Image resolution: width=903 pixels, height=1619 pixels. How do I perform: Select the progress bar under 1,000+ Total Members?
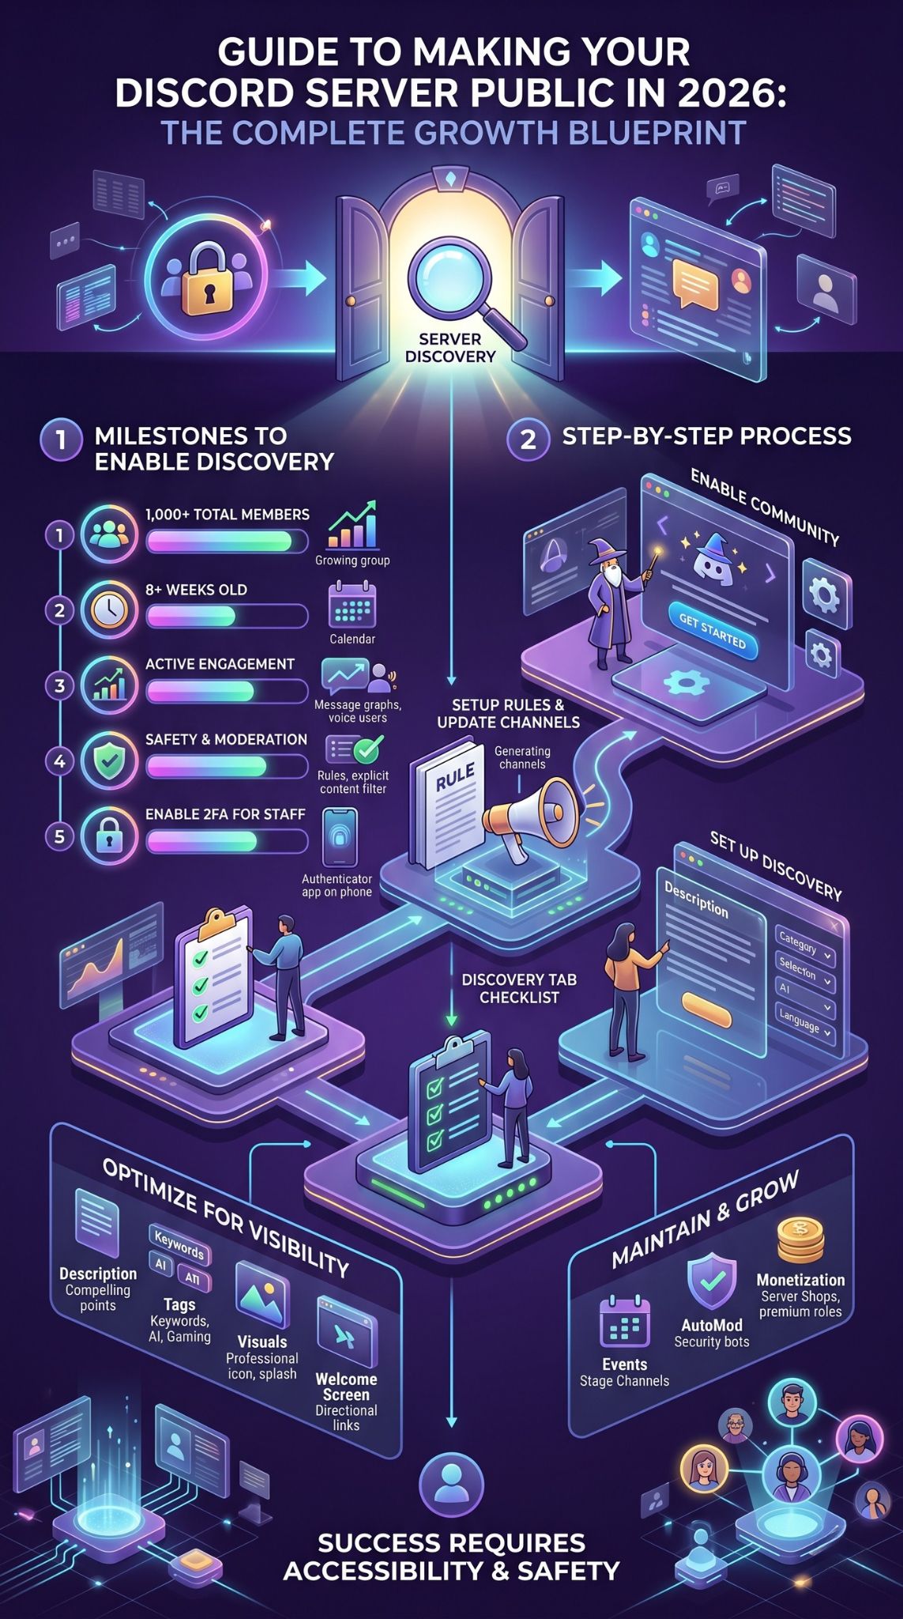point(227,541)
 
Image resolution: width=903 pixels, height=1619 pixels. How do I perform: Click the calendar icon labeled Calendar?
point(352,606)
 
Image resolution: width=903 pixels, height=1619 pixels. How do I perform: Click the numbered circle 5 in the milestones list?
point(59,836)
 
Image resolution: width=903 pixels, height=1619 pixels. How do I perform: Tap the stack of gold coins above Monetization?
point(800,1240)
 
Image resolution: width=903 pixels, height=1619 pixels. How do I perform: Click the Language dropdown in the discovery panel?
point(805,1024)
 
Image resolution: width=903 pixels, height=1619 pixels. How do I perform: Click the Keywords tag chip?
point(179,1246)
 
